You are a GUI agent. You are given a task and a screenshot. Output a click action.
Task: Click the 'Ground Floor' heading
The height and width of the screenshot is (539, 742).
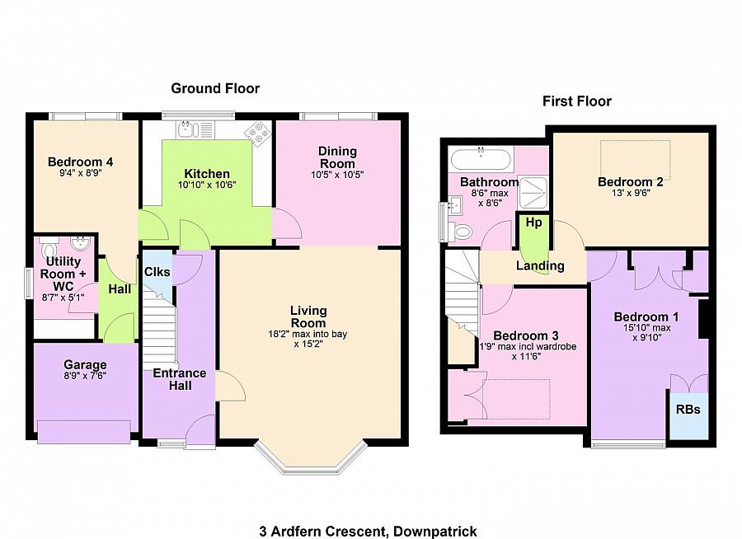click(x=215, y=88)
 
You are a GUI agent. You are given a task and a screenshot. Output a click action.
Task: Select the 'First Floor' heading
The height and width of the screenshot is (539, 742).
click(x=576, y=101)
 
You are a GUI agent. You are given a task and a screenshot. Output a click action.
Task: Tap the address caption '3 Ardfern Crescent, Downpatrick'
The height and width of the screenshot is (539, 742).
click(x=368, y=532)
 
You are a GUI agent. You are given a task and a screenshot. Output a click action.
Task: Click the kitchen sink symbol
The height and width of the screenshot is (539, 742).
click(x=189, y=129)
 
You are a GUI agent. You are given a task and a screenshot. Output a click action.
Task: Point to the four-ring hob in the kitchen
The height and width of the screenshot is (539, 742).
click(x=257, y=133)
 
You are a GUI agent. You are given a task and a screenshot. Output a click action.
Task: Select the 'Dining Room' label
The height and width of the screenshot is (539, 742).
click(x=338, y=157)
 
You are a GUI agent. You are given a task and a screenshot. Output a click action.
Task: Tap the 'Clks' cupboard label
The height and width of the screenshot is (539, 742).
click(x=157, y=272)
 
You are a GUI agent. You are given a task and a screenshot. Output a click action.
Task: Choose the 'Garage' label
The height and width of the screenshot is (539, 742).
click(x=85, y=365)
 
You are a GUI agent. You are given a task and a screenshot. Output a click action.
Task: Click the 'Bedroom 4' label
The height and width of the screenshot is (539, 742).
click(x=80, y=162)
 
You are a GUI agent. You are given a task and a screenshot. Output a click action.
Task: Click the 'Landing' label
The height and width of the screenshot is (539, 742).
click(x=540, y=265)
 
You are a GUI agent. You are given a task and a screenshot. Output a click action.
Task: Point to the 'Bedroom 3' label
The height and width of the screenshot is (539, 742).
click(x=525, y=335)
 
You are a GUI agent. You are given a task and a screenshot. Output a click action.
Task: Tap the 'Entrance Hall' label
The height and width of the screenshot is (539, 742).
click(x=180, y=380)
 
